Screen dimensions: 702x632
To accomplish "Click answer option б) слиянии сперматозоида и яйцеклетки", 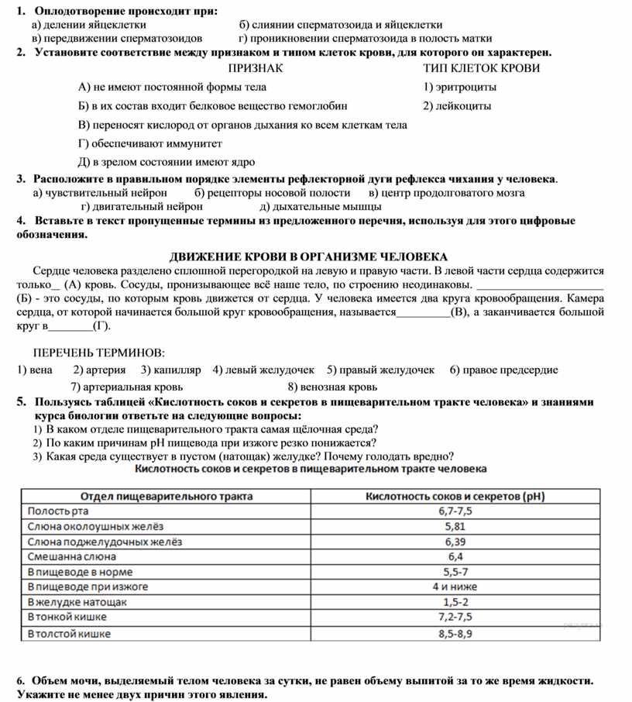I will click(341, 25).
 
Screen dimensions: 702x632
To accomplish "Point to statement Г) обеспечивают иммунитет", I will click(150, 143).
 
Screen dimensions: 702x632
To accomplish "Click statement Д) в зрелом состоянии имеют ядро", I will click(167, 162).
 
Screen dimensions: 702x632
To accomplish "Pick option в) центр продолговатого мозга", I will click(447, 193).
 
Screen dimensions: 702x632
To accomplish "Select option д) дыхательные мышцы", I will click(321, 207).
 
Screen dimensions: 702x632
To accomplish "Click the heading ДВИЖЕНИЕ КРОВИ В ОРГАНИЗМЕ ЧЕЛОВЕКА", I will click(309, 256).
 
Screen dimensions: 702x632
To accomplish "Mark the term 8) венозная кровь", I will click(332, 387).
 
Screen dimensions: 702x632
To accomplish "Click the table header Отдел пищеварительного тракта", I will click(156, 496).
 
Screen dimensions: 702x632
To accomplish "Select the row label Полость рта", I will click(58, 511).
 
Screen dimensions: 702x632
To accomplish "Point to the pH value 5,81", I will click(455, 527).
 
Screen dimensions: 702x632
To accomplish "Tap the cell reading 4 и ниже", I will click(455, 587).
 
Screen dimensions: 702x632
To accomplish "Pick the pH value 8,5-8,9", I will click(455, 633).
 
